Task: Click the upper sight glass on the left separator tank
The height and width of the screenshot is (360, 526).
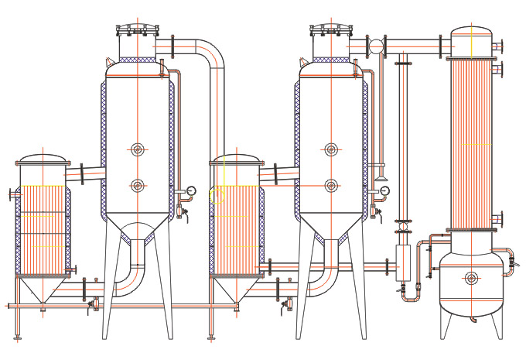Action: (x=138, y=149)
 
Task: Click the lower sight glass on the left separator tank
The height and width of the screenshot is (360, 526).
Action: (x=138, y=185)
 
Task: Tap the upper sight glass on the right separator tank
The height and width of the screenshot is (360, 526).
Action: (x=331, y=149)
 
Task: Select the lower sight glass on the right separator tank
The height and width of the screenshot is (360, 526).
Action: (x=331, y=185)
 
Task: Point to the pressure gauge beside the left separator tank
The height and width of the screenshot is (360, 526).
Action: (x=191, y=190)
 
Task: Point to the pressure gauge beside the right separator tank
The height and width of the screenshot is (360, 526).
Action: (x=384, y=190)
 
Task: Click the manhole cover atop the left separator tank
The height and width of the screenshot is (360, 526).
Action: (x=138, y=30)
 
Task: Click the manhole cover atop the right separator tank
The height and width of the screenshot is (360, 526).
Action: (x=331, y=30)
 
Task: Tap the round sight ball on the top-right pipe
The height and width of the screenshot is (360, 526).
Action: (x=376, y=46)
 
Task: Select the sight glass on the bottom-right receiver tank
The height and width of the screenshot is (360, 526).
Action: (x=471, y=278)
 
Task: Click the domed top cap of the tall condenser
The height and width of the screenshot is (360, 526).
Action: (x=471, y=33)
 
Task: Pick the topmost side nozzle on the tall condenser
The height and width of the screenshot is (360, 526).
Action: (x=497, y=46)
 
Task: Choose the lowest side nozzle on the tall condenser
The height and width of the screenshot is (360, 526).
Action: (x=497, y=218)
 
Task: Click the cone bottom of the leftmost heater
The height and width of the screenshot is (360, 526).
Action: (x=43, y=290)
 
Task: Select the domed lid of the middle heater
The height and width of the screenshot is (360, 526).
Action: (x=236, y=159)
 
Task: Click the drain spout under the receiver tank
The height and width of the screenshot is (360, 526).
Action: (x=471, y=317)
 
